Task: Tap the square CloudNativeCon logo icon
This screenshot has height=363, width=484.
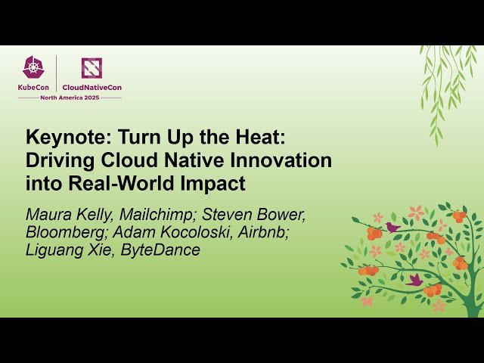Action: tap(92, 68)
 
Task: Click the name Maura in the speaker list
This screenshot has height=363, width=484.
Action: tap(47, 215)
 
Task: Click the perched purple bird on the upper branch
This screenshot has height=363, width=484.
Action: tap(392, 226)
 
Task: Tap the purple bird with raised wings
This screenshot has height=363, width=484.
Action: tap(414, 280)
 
